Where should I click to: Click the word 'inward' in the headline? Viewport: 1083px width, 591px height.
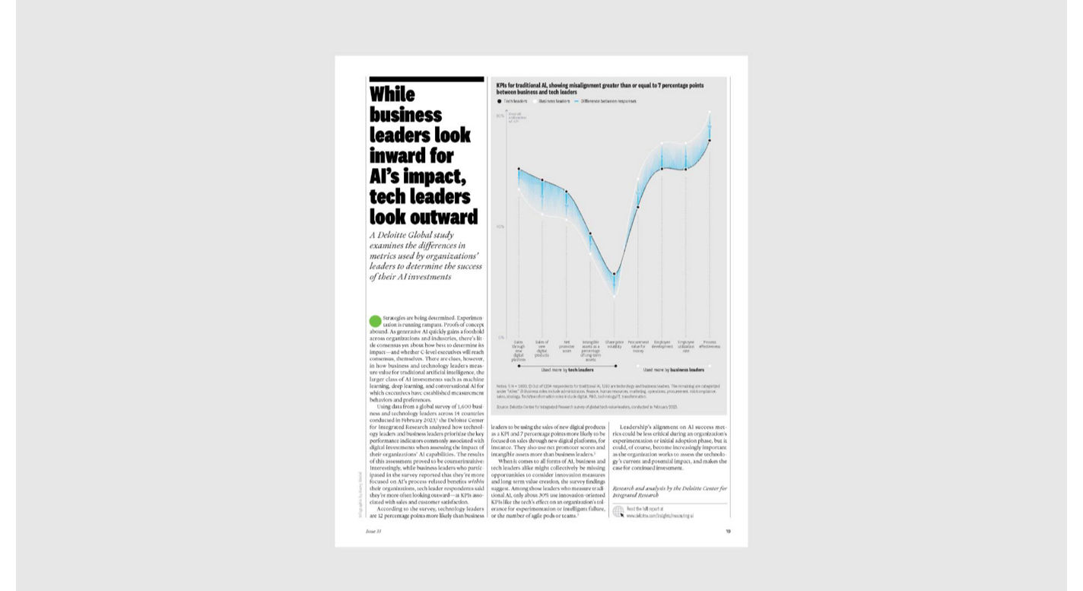tap(397, 156)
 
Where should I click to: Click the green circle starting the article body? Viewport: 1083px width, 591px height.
tap(374, 321)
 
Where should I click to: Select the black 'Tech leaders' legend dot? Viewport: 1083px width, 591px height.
tap(500, 100)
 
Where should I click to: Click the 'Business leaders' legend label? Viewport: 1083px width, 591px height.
tap(554, 100)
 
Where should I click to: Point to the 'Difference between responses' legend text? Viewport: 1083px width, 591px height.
tap(609, 100)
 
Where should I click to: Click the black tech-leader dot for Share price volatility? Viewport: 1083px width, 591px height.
tap(615, 274)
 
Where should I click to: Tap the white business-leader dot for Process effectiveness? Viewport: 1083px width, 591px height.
tap(710, 113)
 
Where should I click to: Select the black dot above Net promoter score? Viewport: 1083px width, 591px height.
tap(567, 192)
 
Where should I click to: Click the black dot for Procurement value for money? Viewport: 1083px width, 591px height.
tap(638, 207)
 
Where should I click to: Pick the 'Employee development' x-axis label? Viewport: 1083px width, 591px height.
tap(662, 345)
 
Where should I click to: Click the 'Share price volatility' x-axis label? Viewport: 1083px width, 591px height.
tap(615, 345)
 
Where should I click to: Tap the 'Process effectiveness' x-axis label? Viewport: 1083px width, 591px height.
tap(710, 345)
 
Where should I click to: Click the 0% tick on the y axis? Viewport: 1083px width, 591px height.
tap(500, 337)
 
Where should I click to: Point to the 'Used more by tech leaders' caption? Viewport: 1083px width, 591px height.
tap(567, 370)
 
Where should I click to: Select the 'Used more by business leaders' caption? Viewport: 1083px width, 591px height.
tap(673, 370)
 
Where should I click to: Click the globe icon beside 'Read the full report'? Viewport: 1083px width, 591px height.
tap(618, 512)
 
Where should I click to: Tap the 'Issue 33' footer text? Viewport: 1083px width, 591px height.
tap(373, 531)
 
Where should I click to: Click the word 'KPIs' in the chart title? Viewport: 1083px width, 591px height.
tap(502, 86)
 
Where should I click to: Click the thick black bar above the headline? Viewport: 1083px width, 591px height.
tap(426, 79)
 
